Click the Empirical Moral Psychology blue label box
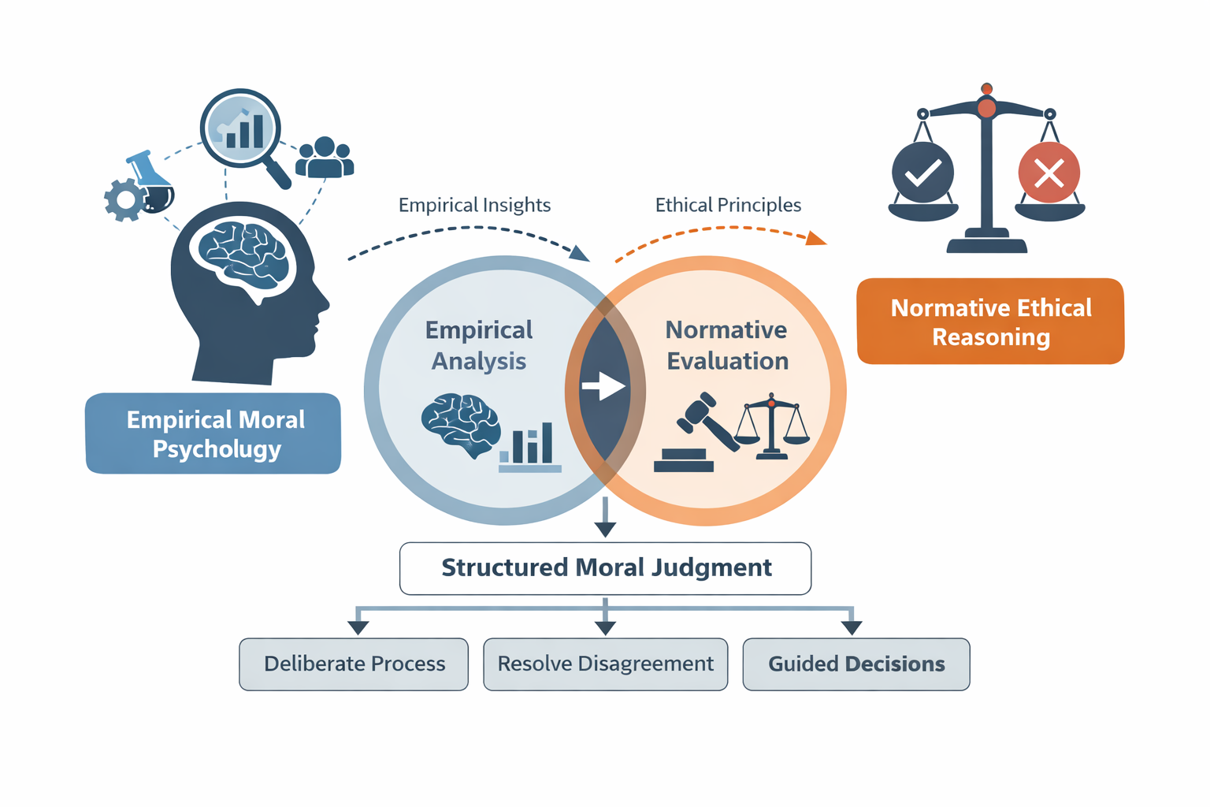pyautogui.click(x=213, y=433)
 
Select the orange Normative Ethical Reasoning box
pyautogui.click(x=990, y=322)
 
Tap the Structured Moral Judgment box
pyautogui.click(x=605, y=568)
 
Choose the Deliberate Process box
pyautogui.click(x=354, y=664)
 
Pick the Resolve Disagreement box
pyautogui.click(x=605, y=664)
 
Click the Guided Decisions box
pyautogui.click(x=856, y=664)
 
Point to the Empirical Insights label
pyautogui.click(x=474, y=206)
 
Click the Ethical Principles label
pyautogui.click(x=728, y=206)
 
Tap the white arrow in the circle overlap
pyautogui.click(x=603, y=386)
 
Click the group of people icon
pyautogui.click(x=324, y=157)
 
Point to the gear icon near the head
pyautogui.click(x=124, y=200)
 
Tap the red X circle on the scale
pyautogui.click(x=1049, y=173)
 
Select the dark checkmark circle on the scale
pyautogui.click(x=922, y=173)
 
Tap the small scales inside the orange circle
pyautogui.click(x=771, y=426)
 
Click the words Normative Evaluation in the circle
pyautogui.click(x=726, y=345)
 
